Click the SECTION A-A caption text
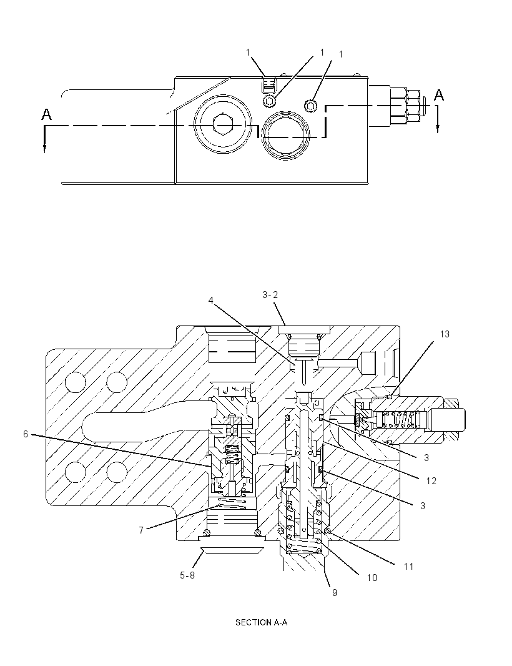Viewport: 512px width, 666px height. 261,623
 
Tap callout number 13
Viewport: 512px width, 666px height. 444,334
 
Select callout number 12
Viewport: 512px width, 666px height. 431,481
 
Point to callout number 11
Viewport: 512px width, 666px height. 408,566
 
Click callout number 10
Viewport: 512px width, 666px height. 372,578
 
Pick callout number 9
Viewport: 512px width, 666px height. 335,592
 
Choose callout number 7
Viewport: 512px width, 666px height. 141,530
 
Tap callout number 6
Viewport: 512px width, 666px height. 26,434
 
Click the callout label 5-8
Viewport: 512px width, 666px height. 188,575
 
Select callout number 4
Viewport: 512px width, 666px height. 210,301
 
